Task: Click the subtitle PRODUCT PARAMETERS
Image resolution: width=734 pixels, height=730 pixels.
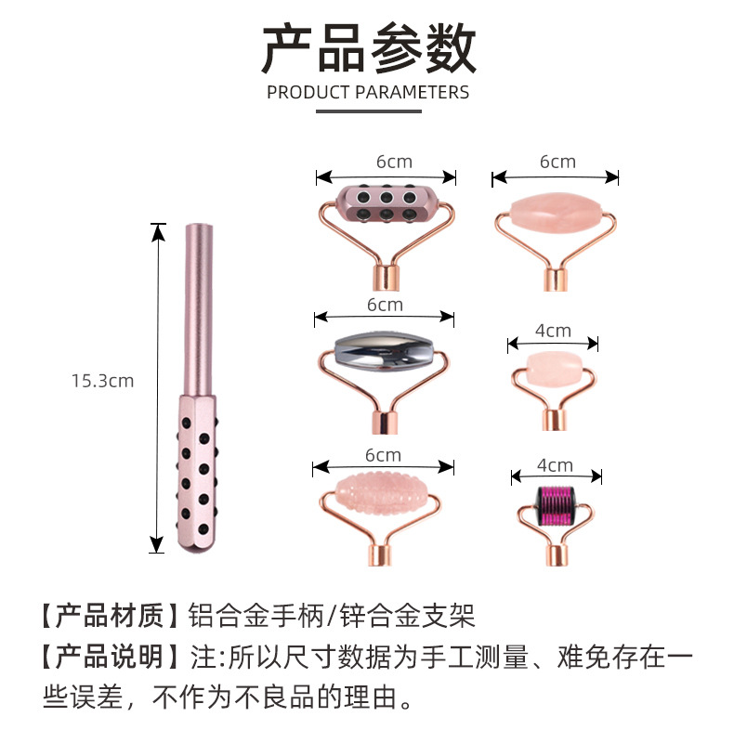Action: pos(367,92)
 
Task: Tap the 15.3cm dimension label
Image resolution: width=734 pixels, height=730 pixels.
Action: pos(102,380)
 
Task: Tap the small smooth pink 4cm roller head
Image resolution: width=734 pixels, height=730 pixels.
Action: pos(555,366)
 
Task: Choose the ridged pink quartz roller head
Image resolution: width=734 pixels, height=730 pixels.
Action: pos(383,492)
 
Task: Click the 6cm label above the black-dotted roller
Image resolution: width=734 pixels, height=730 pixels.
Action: pos(394,162)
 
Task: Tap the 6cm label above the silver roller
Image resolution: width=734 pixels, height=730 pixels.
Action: pos(384,305)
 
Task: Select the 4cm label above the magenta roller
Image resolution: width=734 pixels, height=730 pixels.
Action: pos(555,465)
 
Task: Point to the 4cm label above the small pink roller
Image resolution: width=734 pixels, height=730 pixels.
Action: pos(553,331)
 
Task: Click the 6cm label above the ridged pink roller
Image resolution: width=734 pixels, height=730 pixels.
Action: pos(383,455)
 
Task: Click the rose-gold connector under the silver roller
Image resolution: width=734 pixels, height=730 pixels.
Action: pos(383,419)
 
